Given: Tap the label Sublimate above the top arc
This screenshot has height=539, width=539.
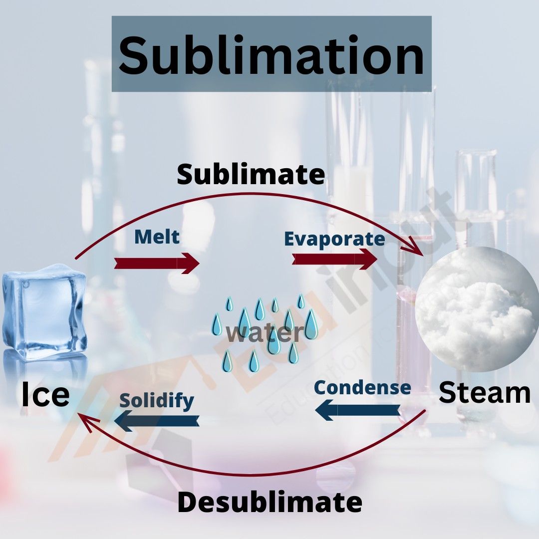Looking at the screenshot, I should click(251, 175).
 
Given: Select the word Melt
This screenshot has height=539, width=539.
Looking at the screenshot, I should click(157, 237).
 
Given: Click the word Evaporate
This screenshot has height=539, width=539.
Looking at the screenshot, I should click(334, 239).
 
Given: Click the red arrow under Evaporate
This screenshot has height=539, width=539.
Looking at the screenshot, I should click(334, 259).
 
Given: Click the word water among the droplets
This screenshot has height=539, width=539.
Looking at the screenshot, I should click(264, 333).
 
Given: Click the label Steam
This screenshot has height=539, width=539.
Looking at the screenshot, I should click(484, 393).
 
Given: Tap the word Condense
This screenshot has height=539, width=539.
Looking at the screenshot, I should click(362, 387).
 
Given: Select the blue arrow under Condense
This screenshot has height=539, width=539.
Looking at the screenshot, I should click(358, 410).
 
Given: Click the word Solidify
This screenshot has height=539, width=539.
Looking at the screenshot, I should click(156, 400).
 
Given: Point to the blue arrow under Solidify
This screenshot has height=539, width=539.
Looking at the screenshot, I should click(157, 421).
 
